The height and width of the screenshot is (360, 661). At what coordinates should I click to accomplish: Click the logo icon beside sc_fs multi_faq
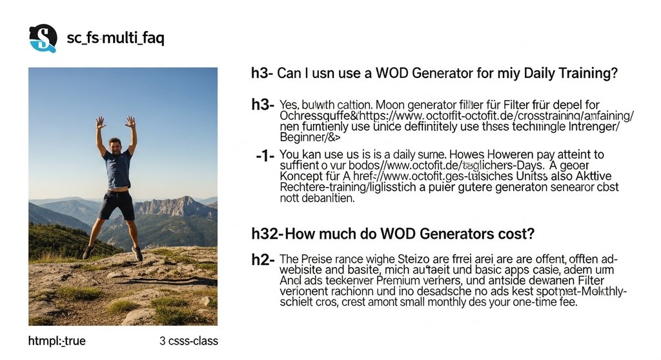point(43,38)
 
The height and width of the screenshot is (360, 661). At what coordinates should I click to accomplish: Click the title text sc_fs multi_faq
point(116,38)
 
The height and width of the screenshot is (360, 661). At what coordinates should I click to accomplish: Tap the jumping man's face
point(116,145)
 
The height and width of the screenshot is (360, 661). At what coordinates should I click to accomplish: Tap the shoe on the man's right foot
point(88,251)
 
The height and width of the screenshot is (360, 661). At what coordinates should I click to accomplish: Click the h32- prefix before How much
point(267,232)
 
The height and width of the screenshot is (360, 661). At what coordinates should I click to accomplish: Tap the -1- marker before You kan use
point(265,155)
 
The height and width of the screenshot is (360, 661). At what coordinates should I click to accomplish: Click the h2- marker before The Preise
point(264,260)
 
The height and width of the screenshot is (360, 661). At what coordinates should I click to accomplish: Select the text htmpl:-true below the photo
point(57,341)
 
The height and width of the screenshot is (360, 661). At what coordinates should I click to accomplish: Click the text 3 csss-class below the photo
point(188,341)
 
